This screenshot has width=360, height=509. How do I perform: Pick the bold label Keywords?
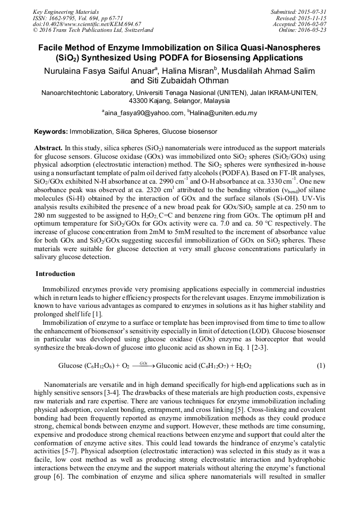point(51,131)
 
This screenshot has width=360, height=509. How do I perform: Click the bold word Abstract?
point(48,147)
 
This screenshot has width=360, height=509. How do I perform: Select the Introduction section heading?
point(55,274)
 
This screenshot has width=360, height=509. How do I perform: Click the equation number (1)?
point(321,366)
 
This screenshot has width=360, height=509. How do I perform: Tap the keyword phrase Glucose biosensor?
point(190,131)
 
